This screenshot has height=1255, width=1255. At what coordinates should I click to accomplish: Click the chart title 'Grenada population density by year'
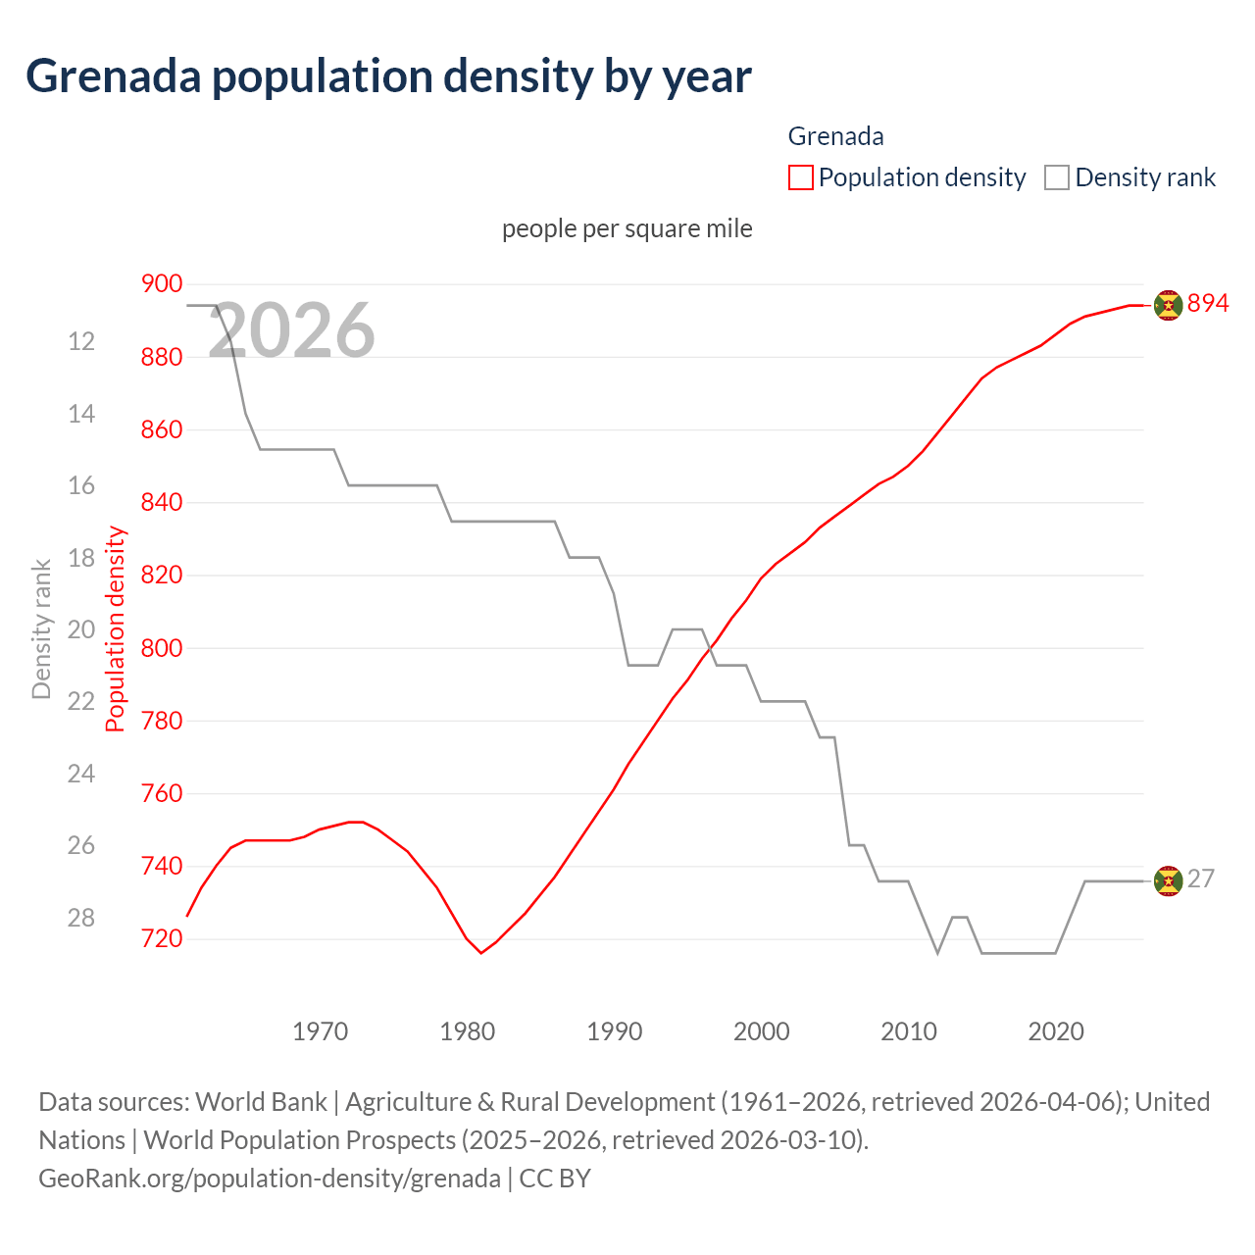tap(388, 76)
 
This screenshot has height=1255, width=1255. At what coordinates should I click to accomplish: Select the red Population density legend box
tap(800, 177)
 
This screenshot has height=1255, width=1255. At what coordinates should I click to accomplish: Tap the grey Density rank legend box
tap(1056, 177)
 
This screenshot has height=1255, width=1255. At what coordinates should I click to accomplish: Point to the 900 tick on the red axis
tap(162, 284)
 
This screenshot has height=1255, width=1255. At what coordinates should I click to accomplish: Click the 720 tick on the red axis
tap(162, 939)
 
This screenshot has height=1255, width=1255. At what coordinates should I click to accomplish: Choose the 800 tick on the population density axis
tap(162, 648)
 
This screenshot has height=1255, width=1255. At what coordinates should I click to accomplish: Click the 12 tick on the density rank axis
tap(81, 341)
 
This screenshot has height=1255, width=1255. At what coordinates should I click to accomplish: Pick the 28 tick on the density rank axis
tap(81, 918)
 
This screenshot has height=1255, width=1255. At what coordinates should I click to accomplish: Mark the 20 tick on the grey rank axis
tap(81, 629)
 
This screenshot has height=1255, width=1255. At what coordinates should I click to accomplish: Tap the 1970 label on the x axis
tap(321, 1031)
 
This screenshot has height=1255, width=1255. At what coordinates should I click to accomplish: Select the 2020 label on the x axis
tap(1056, 1031)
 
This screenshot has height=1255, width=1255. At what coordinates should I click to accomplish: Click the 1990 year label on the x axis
tap(615, 1031)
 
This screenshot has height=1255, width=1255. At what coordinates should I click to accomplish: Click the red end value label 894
tap(1208, 304)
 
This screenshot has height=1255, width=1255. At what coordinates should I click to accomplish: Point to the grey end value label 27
tap(1201, 879)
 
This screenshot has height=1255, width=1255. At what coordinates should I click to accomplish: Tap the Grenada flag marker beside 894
tap(1168, 305)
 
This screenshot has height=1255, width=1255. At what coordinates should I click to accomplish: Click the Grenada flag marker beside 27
tap(1168, 881)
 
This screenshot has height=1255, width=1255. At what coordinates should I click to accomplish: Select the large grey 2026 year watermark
tap(292, 330)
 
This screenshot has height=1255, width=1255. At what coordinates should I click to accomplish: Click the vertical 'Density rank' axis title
tap(41, 629)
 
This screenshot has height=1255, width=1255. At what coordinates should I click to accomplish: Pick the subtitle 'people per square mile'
tap(627, 228)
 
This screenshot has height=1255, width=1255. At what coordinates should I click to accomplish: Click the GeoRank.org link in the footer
tap(270, 1178)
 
